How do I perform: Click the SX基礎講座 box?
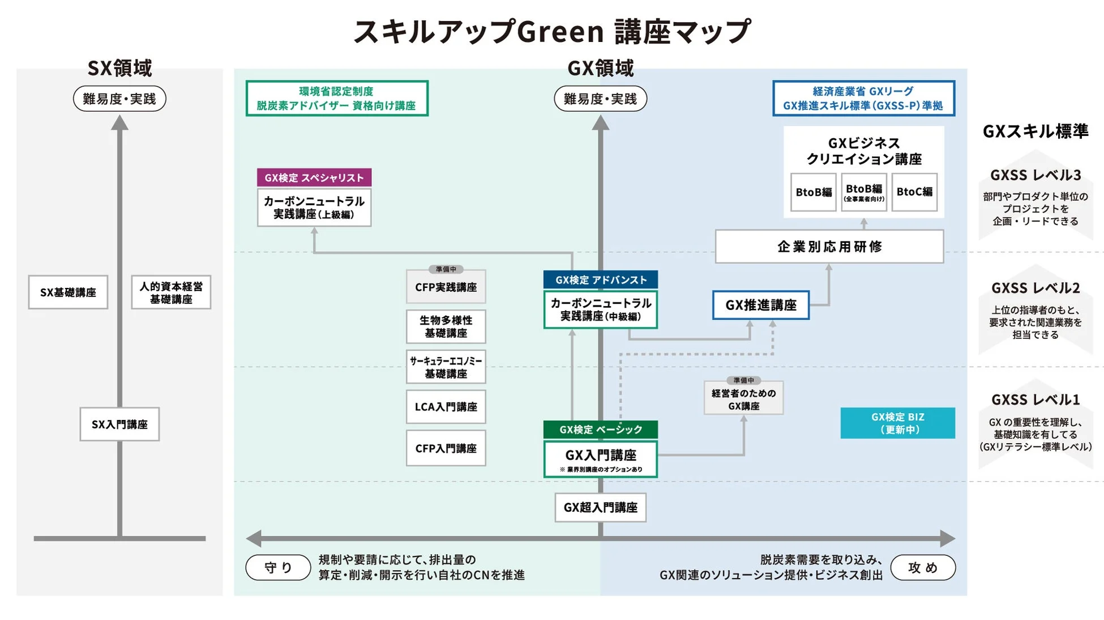coord(68,292)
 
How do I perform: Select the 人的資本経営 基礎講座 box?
coord(171,292)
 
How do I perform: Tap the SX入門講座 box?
coord(119,424)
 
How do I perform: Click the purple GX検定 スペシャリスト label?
coord(314,177)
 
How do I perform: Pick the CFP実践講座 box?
coord(446,287)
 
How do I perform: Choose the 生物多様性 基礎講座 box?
coord(446,327)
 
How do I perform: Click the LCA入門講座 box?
coord(446,407)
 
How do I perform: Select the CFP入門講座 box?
coord(446,448)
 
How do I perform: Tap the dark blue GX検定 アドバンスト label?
coord(601,280)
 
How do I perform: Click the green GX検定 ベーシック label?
coord(601,430)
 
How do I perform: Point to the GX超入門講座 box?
coord(600,507)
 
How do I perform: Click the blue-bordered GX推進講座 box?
coord(760,305)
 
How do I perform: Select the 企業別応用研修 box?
coord(829,247)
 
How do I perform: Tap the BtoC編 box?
coord(914,192)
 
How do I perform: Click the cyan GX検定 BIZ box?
coord(897,423)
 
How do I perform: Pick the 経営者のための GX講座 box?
coord(743,399)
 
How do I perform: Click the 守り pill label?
coord(278,567)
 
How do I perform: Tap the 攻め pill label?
coord(923,567)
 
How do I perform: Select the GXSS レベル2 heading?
coord(1035,288)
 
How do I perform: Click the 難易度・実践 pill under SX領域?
coord(119,99)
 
